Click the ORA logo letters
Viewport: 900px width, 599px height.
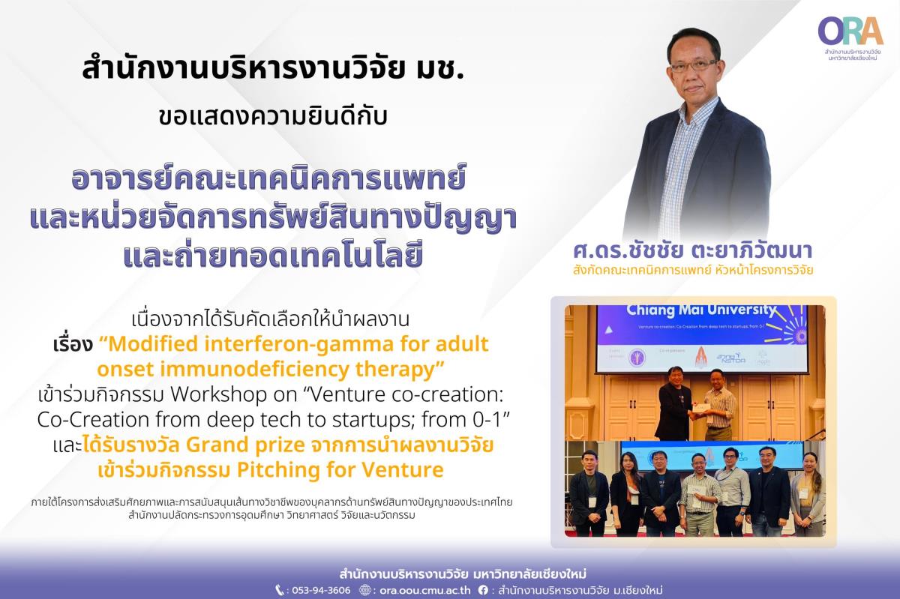(x=850, y=31)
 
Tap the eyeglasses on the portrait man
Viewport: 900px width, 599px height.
(x=693, y=65)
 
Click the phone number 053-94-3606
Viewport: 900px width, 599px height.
(x=321, y=590)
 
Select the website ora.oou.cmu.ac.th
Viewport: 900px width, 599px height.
(x=424, y=590)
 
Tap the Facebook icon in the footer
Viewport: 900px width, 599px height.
(x=483, y=590)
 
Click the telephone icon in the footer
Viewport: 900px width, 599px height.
(x=280, y=590)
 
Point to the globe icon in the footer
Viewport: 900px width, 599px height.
(x=364, y=590)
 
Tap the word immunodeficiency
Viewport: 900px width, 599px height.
(x=254, y=370)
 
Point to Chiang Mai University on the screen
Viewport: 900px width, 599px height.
(x=702, y=310)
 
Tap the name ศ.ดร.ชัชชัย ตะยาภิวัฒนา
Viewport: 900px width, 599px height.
(x=693, y=250)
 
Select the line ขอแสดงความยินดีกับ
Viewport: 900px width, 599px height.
(x=273, y=116)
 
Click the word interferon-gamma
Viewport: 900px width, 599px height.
(x=292, y=344)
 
